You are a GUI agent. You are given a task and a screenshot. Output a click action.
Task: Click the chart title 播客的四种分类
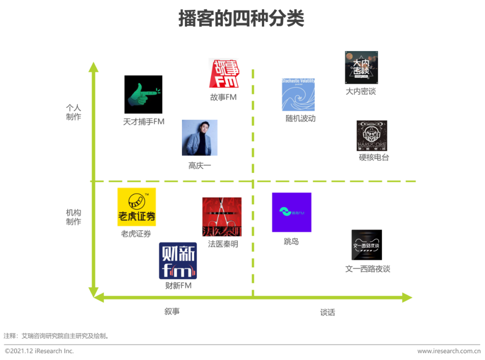(241, 19)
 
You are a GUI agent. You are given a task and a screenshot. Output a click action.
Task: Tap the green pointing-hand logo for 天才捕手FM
(143, 94)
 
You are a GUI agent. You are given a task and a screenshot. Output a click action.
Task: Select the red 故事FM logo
(224, 73)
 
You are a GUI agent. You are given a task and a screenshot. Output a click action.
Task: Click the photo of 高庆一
(199, 138)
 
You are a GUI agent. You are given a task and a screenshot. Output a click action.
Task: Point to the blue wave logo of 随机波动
(298, 95)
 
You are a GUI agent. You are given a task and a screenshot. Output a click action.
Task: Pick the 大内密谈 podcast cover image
(361, 67)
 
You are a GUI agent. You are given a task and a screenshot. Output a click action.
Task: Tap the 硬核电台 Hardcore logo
(372, 136)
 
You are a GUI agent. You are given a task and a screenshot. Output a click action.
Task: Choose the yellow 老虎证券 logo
(137, 207)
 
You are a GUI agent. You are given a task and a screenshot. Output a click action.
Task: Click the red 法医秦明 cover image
(222, 217)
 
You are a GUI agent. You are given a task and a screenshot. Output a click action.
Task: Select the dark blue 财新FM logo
(178, 261)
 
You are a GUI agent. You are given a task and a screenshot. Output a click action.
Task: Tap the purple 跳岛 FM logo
(291, 212)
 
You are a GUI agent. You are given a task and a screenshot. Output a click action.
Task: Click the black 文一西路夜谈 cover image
(366, 245)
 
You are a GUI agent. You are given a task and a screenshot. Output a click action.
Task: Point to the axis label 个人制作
(74, 112)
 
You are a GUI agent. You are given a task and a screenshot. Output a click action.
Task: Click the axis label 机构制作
(74, 217)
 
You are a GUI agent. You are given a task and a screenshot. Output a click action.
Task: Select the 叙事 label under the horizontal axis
(172, 311)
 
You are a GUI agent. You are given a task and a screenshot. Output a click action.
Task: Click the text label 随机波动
(300, 119)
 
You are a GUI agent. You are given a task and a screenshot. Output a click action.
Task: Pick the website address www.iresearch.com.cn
(449, 351)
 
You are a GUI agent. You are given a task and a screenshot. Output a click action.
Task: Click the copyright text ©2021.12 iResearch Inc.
(40, 351)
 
